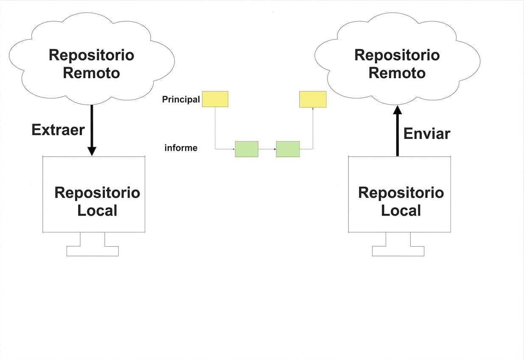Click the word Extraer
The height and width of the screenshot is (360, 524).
58,129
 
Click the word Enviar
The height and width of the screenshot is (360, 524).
426,134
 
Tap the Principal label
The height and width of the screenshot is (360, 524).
181,100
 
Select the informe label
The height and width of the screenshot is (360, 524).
181,148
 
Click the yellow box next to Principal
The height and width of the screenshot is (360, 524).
215,99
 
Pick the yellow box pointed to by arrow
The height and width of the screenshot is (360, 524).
313,99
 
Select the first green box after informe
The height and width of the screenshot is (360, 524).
247,149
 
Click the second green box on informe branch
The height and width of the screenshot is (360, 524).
288,149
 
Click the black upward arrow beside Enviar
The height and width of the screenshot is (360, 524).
397,132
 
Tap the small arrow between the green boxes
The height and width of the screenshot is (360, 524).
267,149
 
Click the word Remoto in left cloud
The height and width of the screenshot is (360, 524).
91,73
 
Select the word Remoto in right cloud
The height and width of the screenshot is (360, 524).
397,73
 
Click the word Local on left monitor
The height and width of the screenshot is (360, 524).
97,211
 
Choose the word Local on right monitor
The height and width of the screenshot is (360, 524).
401,211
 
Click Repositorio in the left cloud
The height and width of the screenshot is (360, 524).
91,55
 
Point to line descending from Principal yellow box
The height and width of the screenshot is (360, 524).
215,127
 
